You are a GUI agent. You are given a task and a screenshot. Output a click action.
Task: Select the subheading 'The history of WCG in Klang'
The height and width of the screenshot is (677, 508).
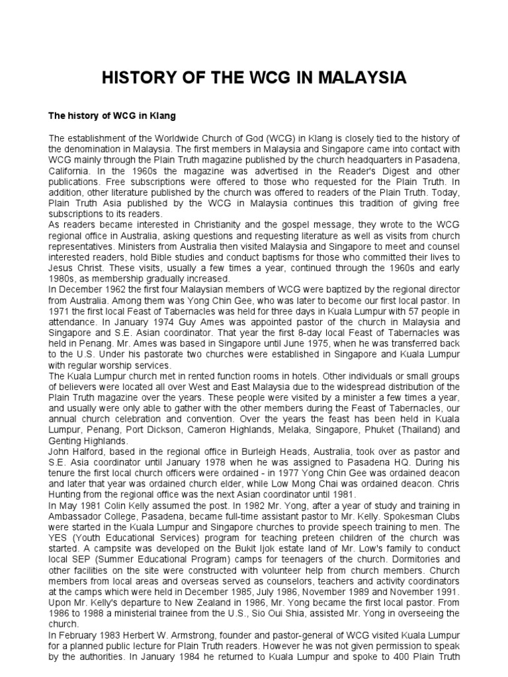(x=112, y=116)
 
